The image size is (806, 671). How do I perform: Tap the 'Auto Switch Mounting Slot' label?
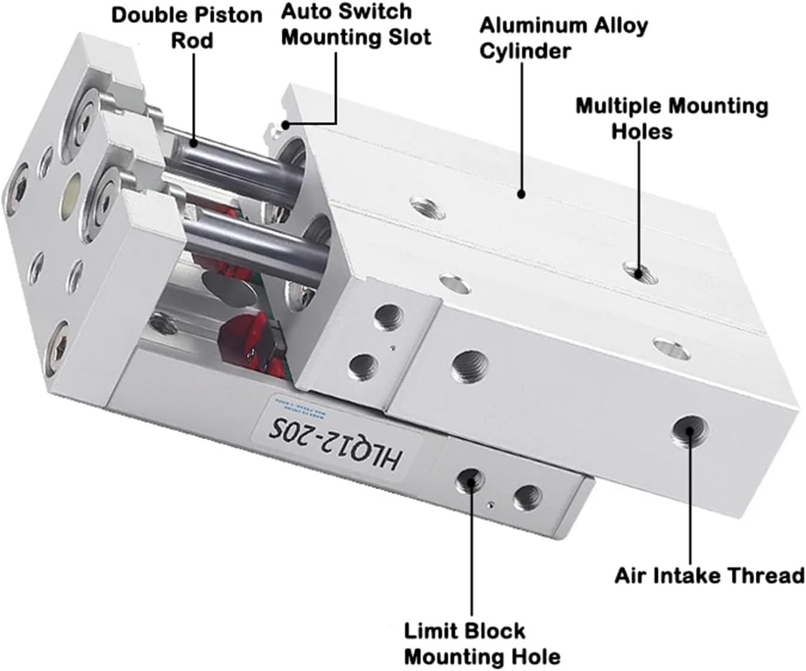[x=356, y=24]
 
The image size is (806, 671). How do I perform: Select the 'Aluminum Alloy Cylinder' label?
[x=563, y=38]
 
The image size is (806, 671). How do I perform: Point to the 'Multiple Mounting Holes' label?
[x=672, y=118]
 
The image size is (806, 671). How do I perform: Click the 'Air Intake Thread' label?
[x=709, y=576]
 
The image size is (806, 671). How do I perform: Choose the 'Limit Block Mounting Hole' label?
[x=482, y=644]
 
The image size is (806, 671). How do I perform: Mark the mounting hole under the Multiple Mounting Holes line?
[x=637, y=271]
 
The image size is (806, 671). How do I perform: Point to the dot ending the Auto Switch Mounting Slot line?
[x=286, y=125]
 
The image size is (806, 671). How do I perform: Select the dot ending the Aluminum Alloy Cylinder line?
[x=521, y=194]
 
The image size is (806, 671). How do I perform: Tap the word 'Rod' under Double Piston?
[x=192, y=41]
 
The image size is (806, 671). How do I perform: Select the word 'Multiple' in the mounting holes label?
[x=620, y=106]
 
